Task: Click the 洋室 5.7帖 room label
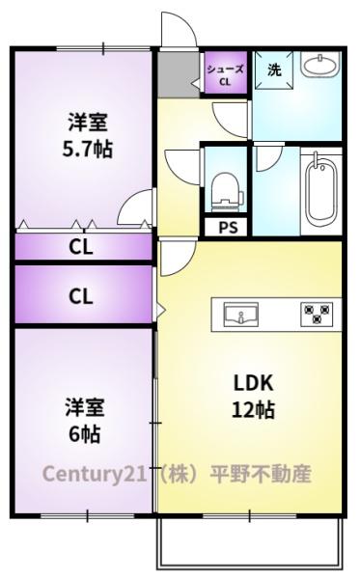[x=86, y=136]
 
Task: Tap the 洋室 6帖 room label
[x=85, y=420]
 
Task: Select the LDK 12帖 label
[x=254, y=395]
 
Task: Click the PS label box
[x=228, y=228]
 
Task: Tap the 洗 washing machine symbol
[x=274, y=70]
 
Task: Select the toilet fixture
[x=226, y=188]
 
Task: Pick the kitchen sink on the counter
[x=240, y=314]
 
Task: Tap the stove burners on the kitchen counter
[x=317, y=314]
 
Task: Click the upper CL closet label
[x=82, y=246]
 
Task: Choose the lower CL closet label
[x=82, y=295]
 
